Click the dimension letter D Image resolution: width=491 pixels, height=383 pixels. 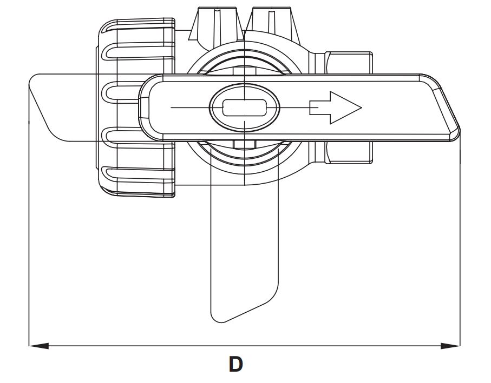click(236, 364)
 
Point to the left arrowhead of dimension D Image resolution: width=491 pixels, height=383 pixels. click(38, 346)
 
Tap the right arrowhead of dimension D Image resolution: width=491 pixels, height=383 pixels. click(450, 346)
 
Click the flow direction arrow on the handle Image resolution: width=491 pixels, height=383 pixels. click(336, 107)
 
